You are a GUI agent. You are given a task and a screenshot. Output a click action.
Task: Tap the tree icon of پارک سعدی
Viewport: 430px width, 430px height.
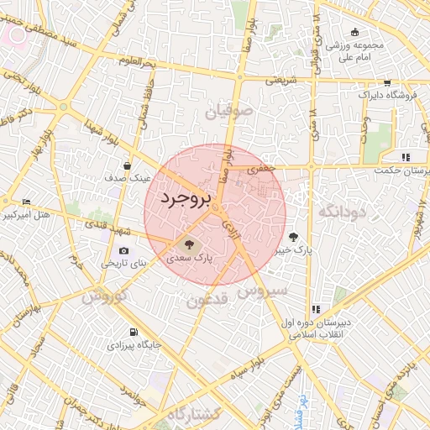[x=190, y=245]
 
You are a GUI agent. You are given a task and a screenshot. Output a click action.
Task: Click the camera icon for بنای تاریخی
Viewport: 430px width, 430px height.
[x=124, y=250]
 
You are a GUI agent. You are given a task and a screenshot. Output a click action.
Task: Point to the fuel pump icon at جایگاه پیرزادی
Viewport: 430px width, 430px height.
[x=133, y=331]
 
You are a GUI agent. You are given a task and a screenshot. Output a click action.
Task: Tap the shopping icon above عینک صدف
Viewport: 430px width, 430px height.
[x=126, y=165]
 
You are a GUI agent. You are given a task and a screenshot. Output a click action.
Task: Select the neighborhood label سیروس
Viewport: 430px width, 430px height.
[x=262, y=291]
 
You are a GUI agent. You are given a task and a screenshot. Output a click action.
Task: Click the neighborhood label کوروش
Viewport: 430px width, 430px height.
[x=104, y=296]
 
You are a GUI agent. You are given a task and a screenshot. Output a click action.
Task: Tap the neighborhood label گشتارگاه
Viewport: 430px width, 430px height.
[x=192, y=414]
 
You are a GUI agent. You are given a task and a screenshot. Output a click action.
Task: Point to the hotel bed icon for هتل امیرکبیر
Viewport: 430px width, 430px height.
[x=26, y=202]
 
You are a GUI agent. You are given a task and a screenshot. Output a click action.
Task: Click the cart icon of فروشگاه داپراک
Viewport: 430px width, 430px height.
[x=386, y=82]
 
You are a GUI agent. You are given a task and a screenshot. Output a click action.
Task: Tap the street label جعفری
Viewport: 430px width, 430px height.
[x=260, y=169]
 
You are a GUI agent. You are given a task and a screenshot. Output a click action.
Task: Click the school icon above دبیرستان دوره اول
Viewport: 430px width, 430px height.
[x=316, y=309]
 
